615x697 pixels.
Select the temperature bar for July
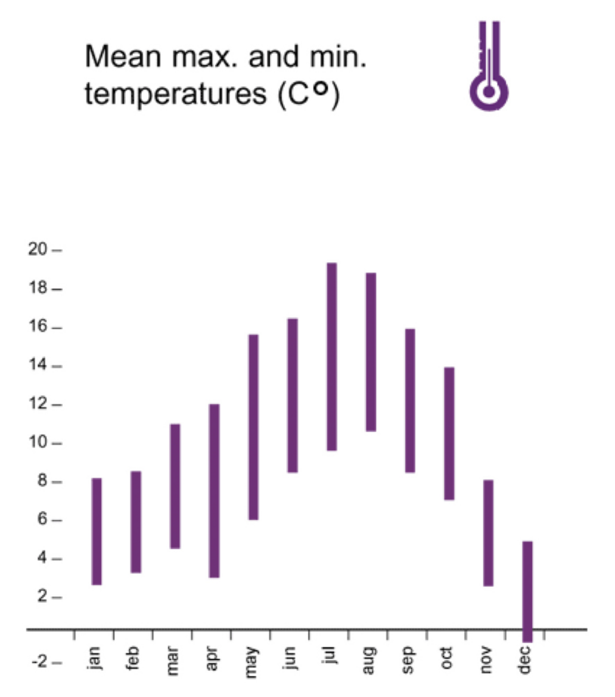click(332, 357)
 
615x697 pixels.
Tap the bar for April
click(215, 491)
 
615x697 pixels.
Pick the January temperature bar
click(97, 531)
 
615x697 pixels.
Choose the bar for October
click(449, 433)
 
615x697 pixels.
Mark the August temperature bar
click(371, 352)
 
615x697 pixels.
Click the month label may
click(253, 661)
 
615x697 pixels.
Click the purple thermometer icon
click(489, 69)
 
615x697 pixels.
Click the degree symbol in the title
click(321, 88)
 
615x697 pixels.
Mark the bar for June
click(293, 395)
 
